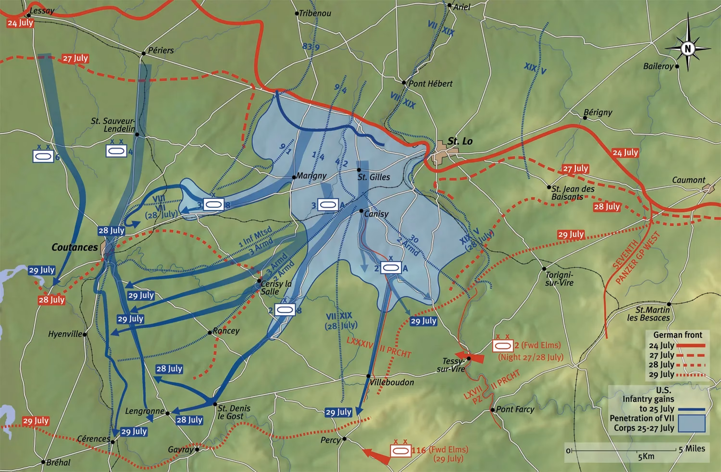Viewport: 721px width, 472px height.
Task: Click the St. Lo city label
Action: coord(460,141)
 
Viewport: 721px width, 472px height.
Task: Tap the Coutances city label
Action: coord(75,248)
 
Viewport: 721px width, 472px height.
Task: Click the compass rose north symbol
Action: coord(688,48)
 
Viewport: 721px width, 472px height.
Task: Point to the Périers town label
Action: coord(161,50)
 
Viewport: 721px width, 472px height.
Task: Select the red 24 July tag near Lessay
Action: coord(20,23)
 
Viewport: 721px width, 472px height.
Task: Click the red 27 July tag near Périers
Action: coord(75,59)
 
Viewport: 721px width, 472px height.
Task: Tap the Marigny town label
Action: coord(311,176)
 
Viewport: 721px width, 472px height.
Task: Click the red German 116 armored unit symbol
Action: coord(400,450)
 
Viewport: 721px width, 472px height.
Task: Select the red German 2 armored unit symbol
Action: coord(503,346)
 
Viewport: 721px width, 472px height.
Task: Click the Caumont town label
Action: coord(688,180)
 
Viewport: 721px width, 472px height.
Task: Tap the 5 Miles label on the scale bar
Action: coord(692,449)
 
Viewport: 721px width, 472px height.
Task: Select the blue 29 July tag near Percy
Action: coord(338,412)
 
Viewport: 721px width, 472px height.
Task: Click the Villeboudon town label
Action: coord(392,383)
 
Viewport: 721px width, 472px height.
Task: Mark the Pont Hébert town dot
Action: coord(404,83)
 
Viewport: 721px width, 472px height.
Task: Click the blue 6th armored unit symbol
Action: coord(43,156)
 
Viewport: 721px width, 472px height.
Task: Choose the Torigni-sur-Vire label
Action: coord(559,279)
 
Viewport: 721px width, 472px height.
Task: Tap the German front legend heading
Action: coord(677,335)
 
